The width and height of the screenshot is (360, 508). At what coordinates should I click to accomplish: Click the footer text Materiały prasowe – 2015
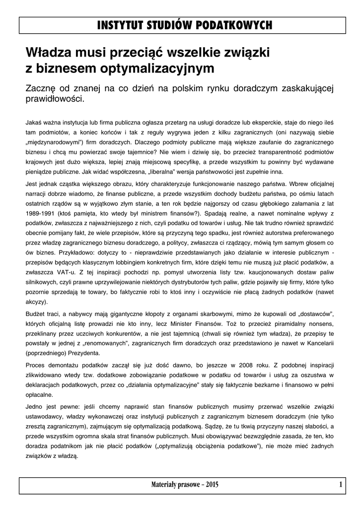pyautogui.click(x=184, y=484)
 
